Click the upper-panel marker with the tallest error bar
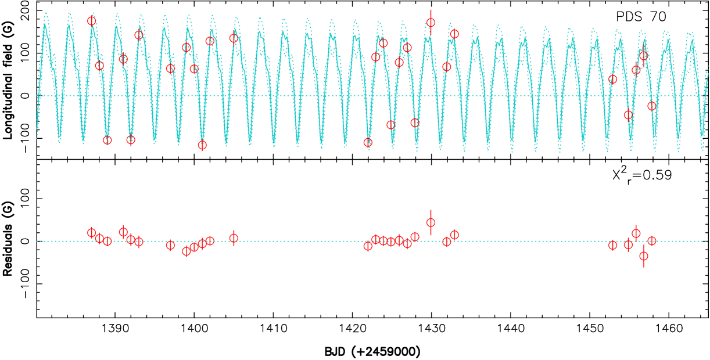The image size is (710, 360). click(x=431, y=23)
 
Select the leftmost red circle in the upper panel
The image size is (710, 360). click(x=92, y=21)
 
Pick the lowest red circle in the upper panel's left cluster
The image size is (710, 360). click(x=202, y=145)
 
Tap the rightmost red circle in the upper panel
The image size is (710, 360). click(x=652, y=106)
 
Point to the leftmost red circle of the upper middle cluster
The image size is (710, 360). click(x=368, y=142)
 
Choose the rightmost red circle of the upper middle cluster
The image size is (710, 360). click(x=454, y=34)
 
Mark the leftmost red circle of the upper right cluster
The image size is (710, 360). click(x=612, y=79)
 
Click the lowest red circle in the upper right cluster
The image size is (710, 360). click(x=628, y=115)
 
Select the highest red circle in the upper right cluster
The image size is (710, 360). click(x=644, y=56)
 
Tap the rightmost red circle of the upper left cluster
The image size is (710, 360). click(x=234, y=38)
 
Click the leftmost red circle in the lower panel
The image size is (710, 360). click(x=92, y=233)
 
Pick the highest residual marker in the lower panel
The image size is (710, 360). click(x=431, y=222)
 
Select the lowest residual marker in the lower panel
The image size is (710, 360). click(x=644, y=256)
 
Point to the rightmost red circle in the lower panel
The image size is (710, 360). click(x=652, y=241)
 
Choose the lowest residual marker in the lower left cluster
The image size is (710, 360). click(x=187, y=251)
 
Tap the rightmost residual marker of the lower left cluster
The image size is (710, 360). click(x=234, y=238)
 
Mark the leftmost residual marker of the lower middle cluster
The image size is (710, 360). click(x=368, y=246)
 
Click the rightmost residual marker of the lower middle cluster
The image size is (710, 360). click(x=454, y=235)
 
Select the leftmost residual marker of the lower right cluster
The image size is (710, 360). click(x=612, y=245)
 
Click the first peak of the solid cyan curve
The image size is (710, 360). click(x=45, y=24)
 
